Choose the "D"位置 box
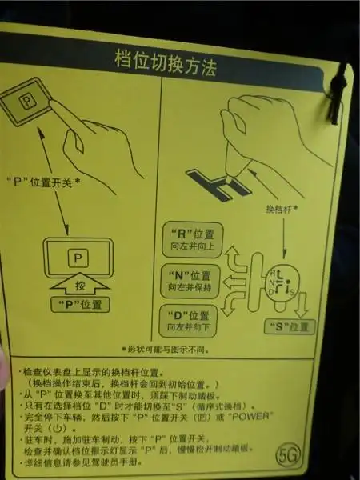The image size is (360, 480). tap(190, 321)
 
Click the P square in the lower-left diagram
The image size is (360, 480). tap(77, 258)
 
